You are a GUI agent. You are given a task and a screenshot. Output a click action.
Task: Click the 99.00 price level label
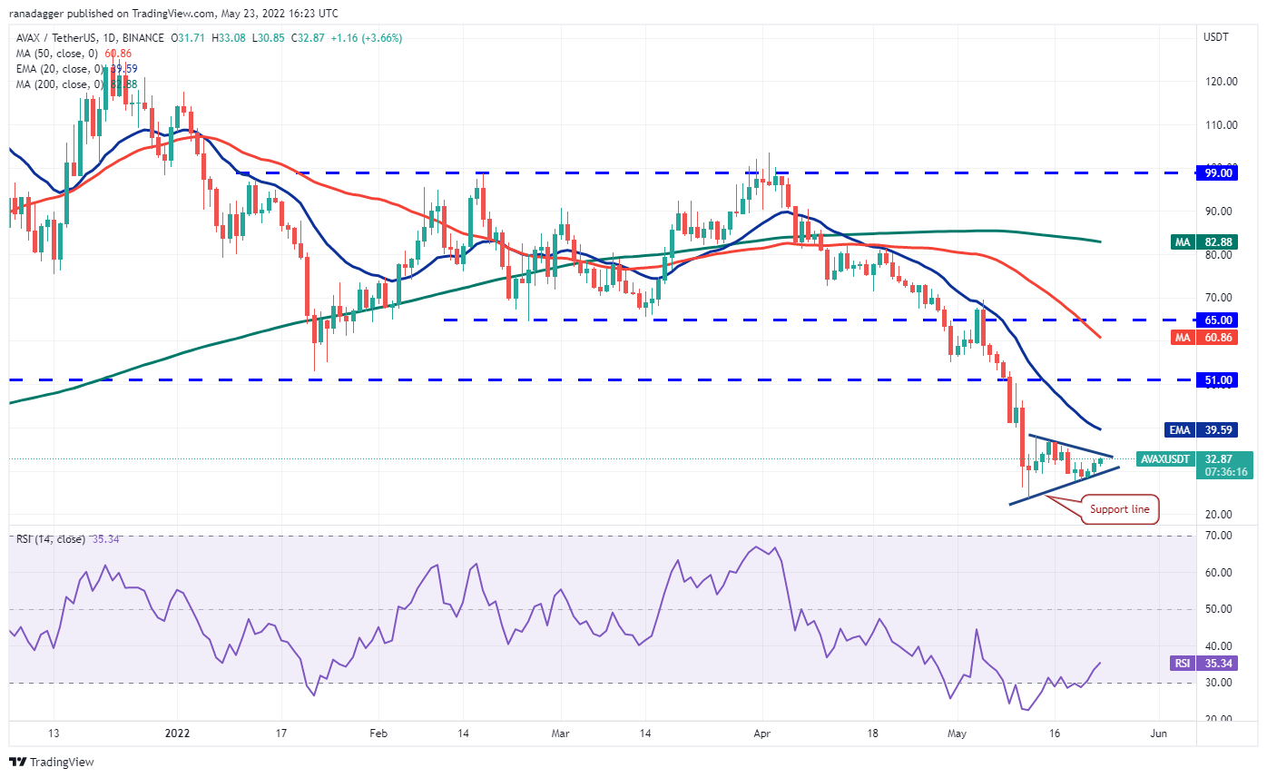point(1215,172)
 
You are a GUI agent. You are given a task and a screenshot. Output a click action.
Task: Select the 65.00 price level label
point(1215,320)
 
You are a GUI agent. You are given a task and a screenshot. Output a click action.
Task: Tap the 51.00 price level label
point(1215,379)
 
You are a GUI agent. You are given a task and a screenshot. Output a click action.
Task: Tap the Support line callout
point(1119,509)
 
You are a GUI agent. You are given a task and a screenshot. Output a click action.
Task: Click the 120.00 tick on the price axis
point(1219,81)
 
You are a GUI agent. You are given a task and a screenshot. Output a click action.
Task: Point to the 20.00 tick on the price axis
point(1219,514)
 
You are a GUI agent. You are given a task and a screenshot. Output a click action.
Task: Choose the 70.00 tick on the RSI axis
point(1219,536)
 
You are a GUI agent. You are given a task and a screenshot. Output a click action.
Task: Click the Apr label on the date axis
point(762,733)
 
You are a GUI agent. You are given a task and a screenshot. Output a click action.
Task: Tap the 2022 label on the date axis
point(177,733)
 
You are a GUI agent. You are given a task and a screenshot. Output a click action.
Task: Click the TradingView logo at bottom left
point(52,763)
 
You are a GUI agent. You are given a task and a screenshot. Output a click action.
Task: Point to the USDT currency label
point(1216,37)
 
